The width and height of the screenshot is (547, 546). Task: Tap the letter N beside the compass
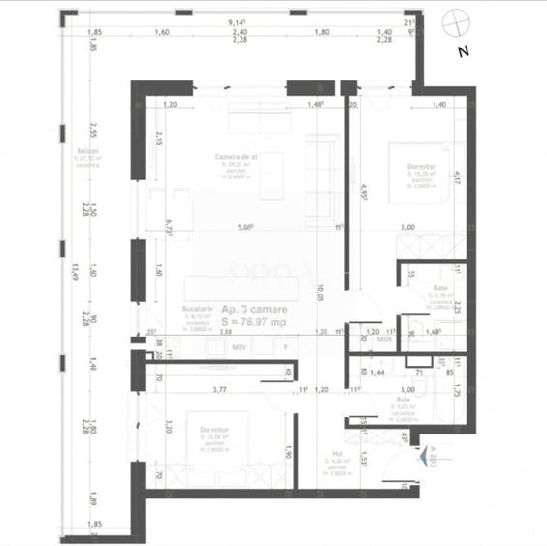463,49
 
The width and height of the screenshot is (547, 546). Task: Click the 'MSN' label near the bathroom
385,340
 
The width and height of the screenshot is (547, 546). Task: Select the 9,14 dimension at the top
236,21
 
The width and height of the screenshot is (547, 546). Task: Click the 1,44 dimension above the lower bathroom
379,372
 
